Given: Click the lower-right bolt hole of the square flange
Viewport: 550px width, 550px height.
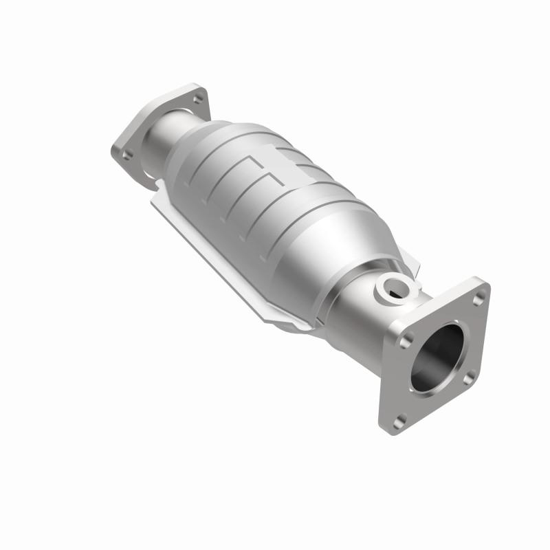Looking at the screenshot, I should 469,378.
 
